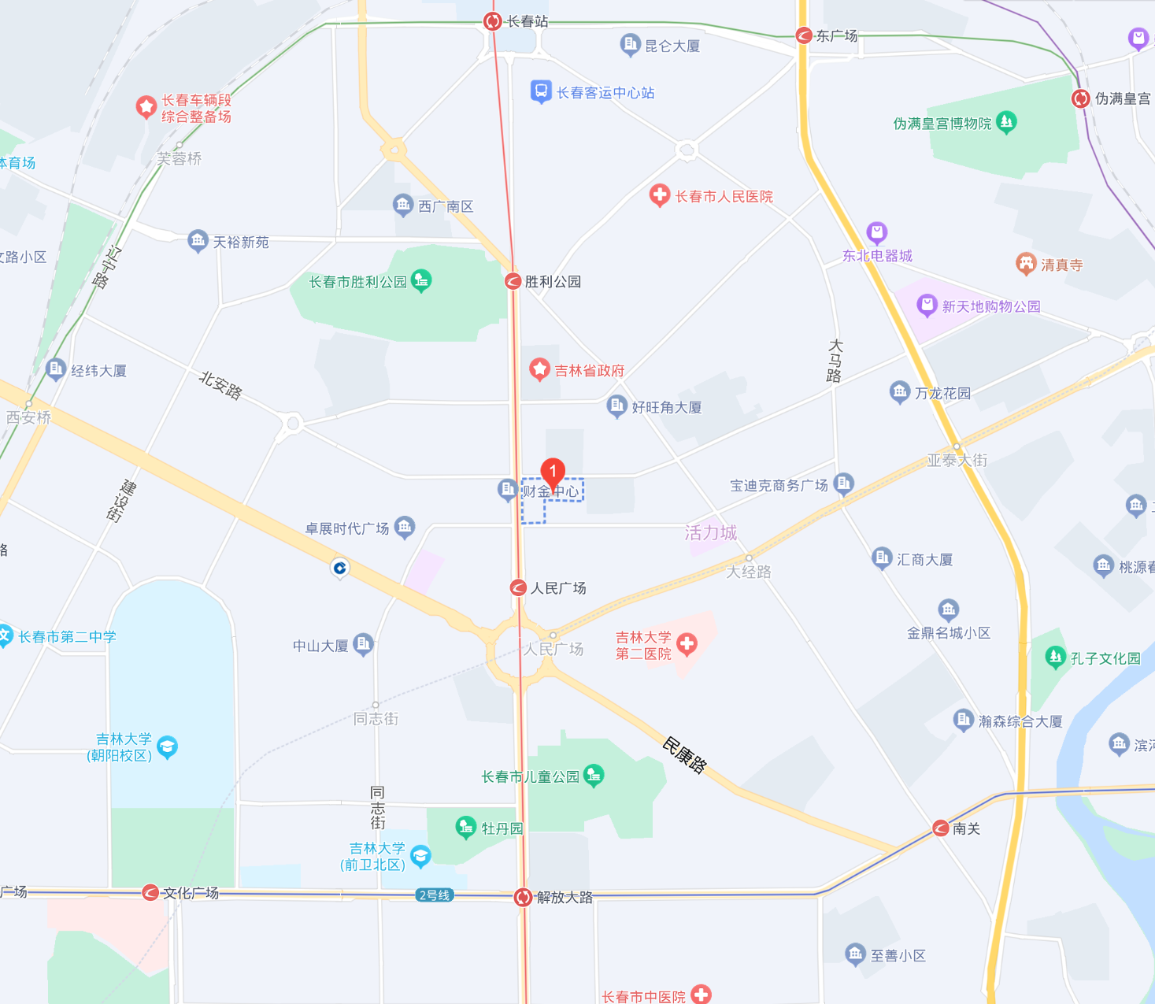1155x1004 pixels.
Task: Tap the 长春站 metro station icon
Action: click(493, 21)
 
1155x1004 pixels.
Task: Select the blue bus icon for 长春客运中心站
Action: click(540, 92)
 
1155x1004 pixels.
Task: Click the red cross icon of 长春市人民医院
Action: click(659, 195)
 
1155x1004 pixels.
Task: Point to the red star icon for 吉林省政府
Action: click(539, 369)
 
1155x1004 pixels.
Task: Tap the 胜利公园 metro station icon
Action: click(513, 281)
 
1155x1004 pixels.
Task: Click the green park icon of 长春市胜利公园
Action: click(422, 280)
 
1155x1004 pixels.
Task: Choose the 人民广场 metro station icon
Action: click(518, 587)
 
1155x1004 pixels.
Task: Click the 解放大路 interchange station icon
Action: click(523, 897)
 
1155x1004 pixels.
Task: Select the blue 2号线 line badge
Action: click(434, 895)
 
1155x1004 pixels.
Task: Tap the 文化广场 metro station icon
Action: click(150, 892)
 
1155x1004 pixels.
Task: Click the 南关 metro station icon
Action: click(940, 828)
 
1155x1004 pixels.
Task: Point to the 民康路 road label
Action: click(683, 755)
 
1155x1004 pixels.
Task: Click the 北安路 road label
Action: click(220, 385)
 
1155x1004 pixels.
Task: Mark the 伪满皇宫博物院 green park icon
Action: click(1006, 122)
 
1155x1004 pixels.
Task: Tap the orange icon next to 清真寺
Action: click(1025, 264)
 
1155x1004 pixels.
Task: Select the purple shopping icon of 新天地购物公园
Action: click(927, 306)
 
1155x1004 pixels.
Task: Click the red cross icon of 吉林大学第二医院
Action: click(687, 644)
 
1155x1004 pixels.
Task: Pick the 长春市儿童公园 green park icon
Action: click(594, 776)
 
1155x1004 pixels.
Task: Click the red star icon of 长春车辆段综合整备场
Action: click(146, 106)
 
